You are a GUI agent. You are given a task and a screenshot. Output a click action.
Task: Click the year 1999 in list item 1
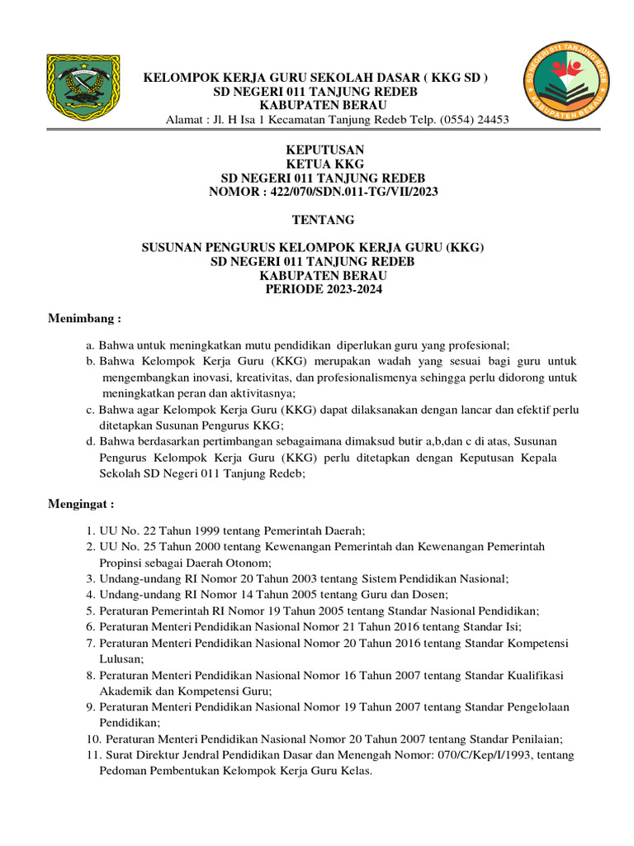[x=196, y=531]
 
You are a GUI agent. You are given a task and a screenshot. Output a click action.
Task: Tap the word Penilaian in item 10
[x=533, y=739]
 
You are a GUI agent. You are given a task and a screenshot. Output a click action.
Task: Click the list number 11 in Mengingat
[x=91, y=755]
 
